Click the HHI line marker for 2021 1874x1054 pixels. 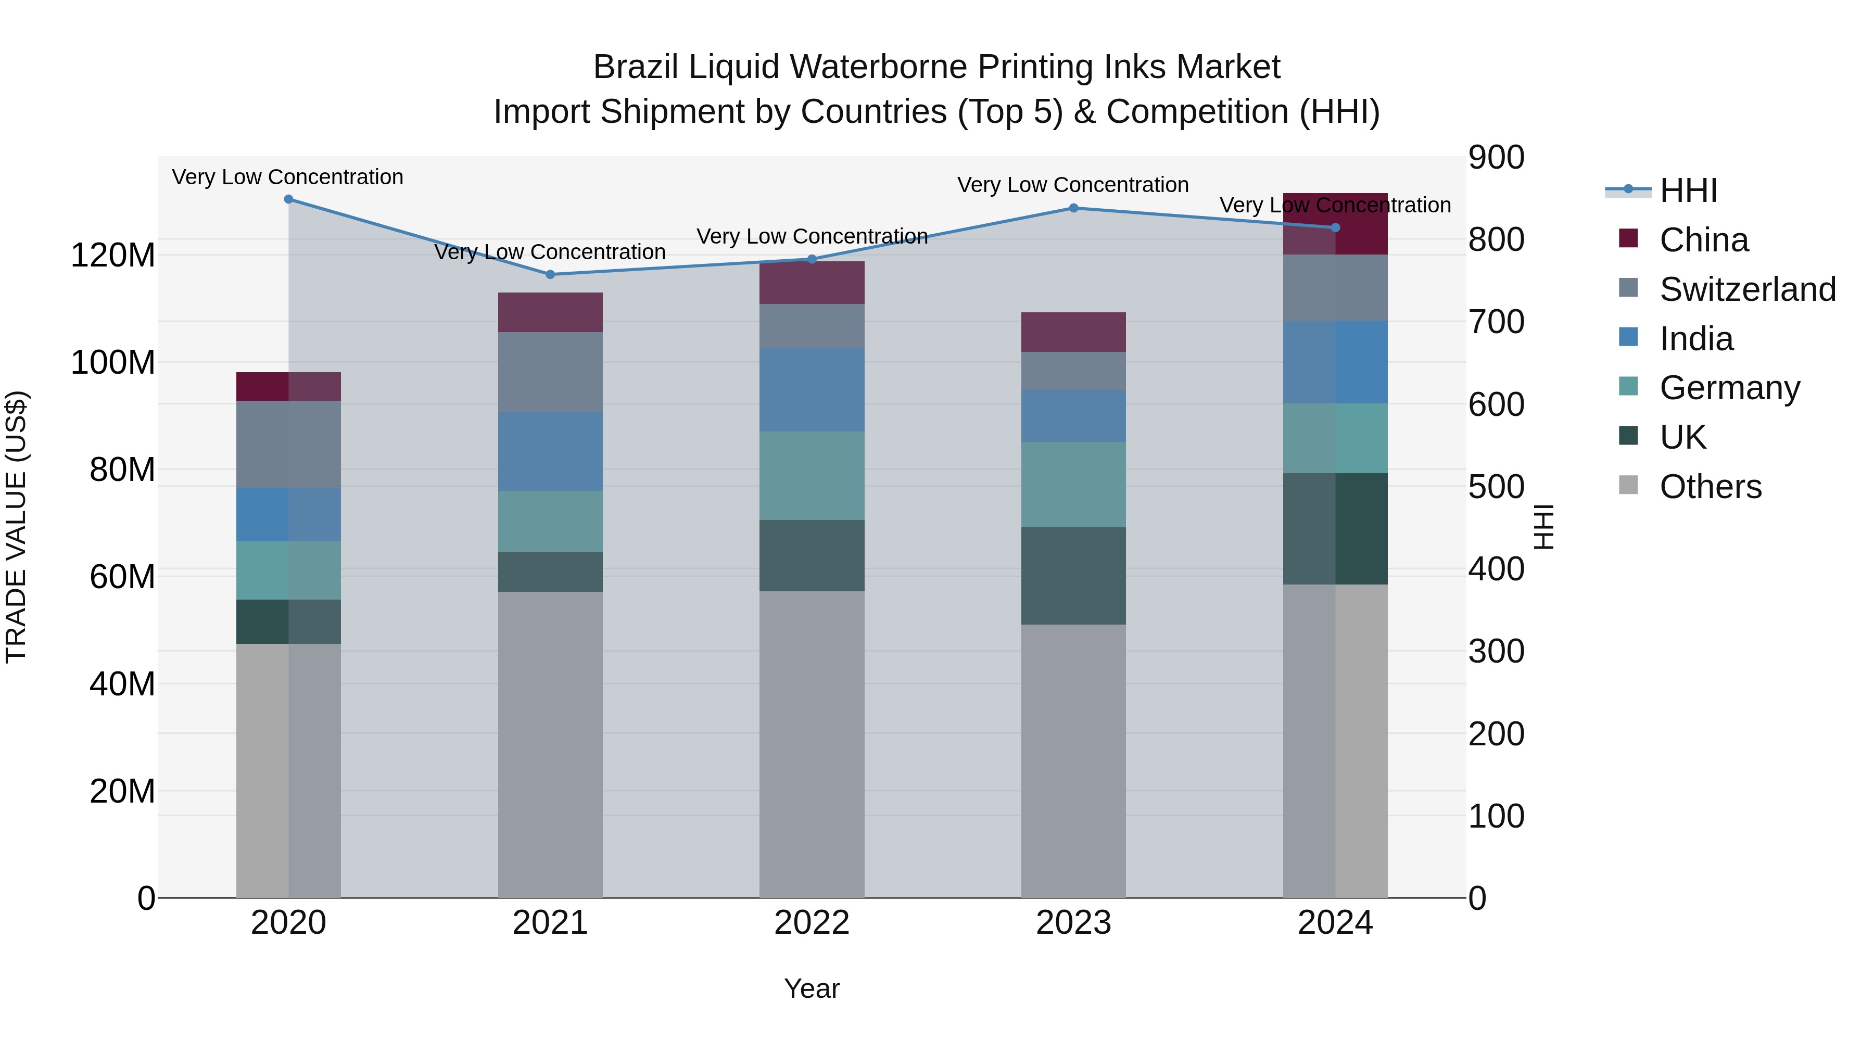click(x=550, y=274)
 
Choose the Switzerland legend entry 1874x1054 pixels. click(x=1746, y=289)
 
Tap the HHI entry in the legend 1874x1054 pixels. click(x=1688, y=191)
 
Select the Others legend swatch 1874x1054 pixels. click(x=1628, y=485)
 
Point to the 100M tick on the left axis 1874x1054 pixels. click(x=113, y=362)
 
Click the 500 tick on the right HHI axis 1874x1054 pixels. click(x=1496, y=487)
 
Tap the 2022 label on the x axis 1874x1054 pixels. click(x=812, y=923)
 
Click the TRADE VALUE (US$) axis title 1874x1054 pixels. click(x=16, y=527)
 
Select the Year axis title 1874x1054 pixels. click(x=812, y=988)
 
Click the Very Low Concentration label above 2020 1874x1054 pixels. click(x=287, y=177)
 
